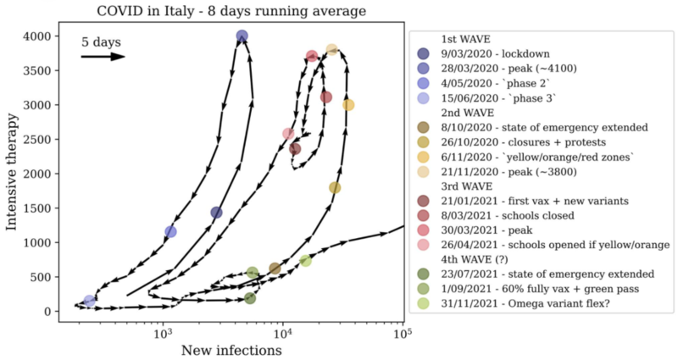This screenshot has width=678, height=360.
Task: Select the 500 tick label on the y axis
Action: click(x=41, y=277)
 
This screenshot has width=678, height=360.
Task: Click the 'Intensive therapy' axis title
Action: click(x=12, y=174)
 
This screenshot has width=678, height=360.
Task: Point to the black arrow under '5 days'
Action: click(x=103, y=57)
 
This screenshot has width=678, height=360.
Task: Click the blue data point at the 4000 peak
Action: click(x=242, y=36)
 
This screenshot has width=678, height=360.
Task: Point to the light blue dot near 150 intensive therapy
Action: click(x=89, y=301)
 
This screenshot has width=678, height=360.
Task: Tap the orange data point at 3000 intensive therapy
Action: click(x=348, y=105)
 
